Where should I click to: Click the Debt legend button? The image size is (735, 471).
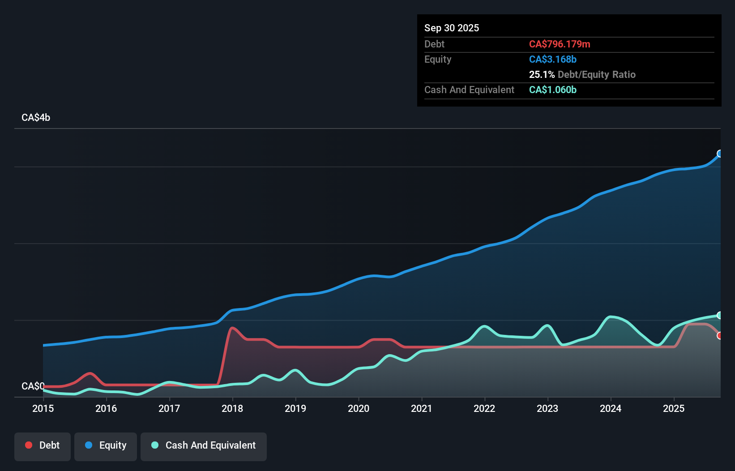click(43, 445)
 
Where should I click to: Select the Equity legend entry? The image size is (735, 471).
click(106, 445)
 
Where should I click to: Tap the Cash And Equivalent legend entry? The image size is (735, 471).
click(204, 445)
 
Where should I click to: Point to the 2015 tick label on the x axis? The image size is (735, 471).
click(43, 408)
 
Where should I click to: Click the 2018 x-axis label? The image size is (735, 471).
click(232, 408)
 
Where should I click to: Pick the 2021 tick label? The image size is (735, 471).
click(422, 408)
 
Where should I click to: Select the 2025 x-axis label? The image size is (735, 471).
click(674, 408)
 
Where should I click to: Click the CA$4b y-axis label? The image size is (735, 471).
click(36, 117)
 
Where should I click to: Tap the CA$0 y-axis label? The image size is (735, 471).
click(33, 386)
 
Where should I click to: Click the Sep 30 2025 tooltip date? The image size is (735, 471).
click(451, 28)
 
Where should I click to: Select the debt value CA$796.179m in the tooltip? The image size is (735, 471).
click(559, 44)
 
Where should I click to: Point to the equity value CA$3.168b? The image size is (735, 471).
click(552, 59)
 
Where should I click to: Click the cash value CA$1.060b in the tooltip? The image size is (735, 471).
click(552, 90)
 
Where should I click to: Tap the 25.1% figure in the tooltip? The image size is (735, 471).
click(542, 74)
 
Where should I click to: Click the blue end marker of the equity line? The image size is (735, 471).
click(720, 154)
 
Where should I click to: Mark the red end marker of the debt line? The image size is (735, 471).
click(720, 335)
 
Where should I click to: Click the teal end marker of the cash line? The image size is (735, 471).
click(720, 315)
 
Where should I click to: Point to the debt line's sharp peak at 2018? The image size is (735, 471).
click(231, 328)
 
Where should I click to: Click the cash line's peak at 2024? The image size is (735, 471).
click(611, 317)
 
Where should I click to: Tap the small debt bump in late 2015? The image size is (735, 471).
click(90, 373)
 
